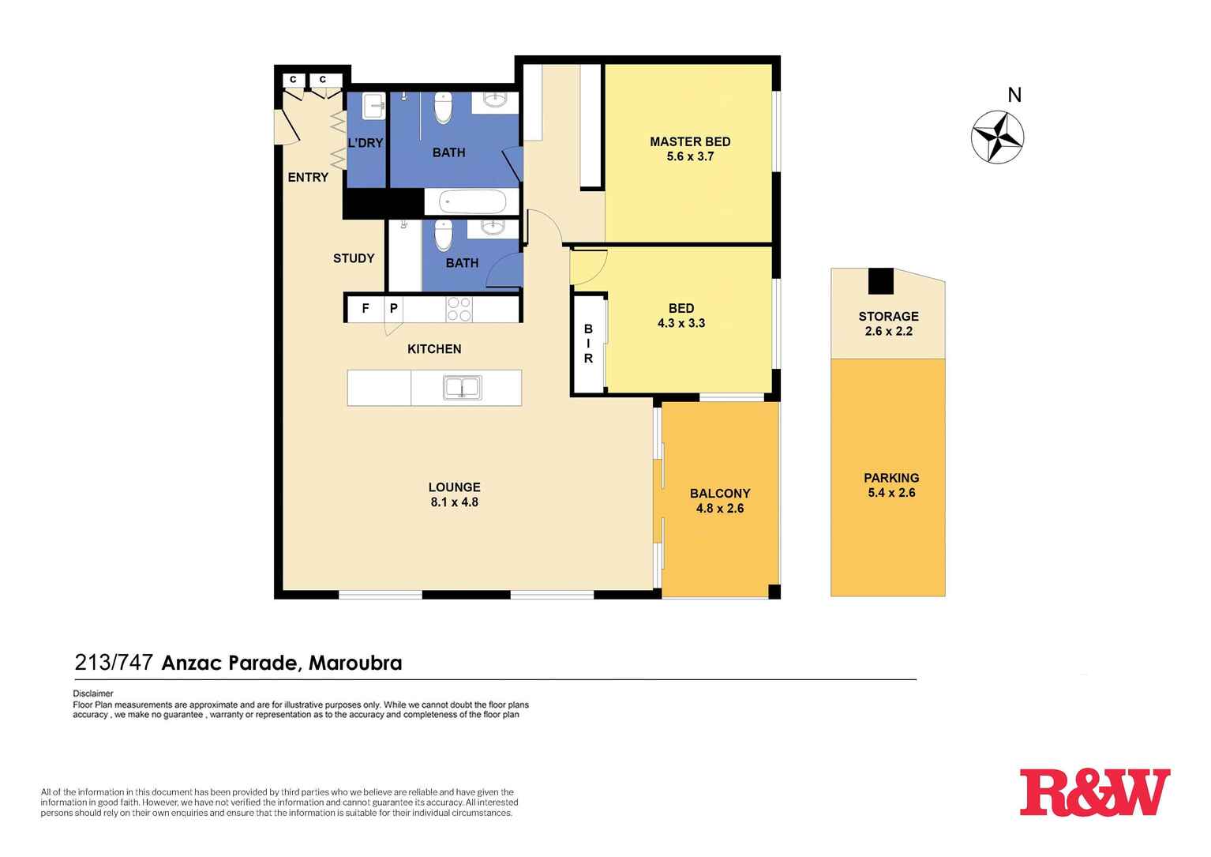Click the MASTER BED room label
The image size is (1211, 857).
[x=689, y=141]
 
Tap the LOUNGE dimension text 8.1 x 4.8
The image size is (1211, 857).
[x=454, y=502]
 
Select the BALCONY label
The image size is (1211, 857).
[x=719, y=494]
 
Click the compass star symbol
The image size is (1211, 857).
[x=997, y=137]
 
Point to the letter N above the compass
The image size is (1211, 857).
[x=1014, y=96]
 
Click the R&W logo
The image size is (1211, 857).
[x=1094, y=792]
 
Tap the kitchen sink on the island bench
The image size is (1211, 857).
[x=462, y=388]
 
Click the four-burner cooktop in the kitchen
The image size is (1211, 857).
[x=459, y=309]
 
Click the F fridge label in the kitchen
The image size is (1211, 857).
[x=366, y=309]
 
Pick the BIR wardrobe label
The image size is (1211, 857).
[x=588, y=344]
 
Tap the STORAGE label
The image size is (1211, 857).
[x=888, y=317]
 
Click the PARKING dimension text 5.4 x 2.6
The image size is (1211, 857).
[x=891, y=493]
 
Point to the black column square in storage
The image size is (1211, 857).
[x=881, y=281]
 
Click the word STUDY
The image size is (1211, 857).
[x=354, y=258]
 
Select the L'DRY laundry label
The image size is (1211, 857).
[x=365, y=143]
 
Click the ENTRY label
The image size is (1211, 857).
[x=308, y=178]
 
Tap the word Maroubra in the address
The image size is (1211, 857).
[x=354, y=663]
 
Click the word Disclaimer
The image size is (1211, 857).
[x=93, y=694]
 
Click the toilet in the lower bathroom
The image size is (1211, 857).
[x=444, y=235]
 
